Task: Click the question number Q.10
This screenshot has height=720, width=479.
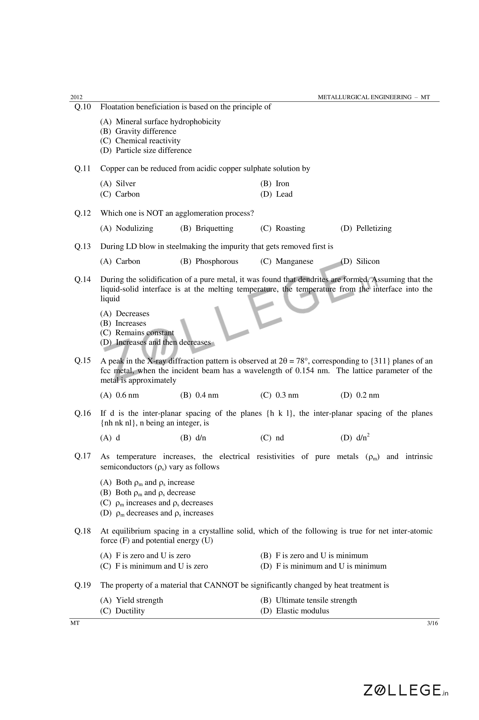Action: click(82, 107)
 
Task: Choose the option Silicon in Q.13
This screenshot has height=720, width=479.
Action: click(368, 261)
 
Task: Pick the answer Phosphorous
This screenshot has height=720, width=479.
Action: click(217, 261)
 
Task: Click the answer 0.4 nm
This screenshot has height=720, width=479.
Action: click(207, 395)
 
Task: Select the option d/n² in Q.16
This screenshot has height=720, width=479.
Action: click(363, 438)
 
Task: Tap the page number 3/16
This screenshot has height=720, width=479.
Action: click(432, 623)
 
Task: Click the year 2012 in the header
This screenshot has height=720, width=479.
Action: click(76, 97)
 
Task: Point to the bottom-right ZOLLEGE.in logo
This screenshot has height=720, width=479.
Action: click(406, 690)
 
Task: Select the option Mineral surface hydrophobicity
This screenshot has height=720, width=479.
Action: click(168, 122)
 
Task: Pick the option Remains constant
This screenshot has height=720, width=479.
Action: click(144, 333)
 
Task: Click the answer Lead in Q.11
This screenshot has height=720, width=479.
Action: click(284, 194)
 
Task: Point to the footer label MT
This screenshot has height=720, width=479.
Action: click(75, 623)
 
